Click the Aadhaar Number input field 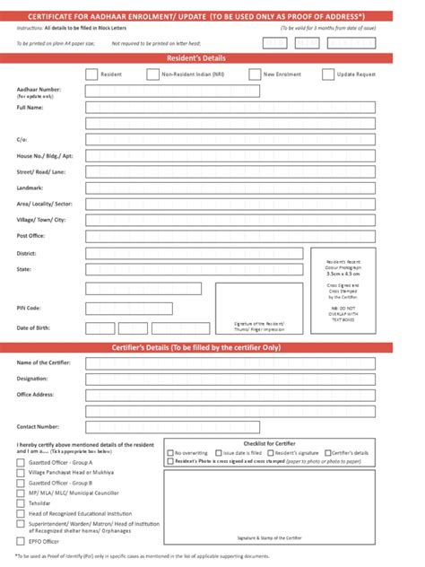click(x=180, y=91)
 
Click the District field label click(x=26, y=254)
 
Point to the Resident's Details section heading click(x=212, y=58)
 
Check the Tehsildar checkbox click(x=22, y=503)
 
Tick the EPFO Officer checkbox click(x=22, y=541)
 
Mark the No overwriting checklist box click(x=171, y=454)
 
